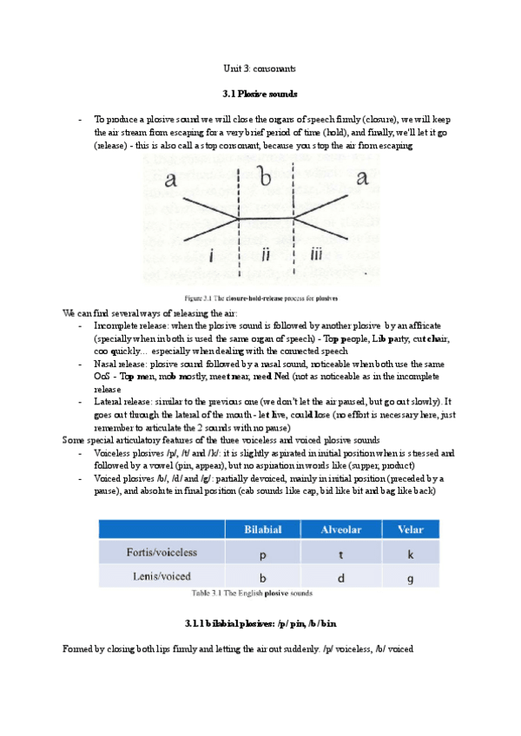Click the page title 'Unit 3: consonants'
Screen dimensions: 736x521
pos(260,68)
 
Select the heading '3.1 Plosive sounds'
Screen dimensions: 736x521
pos(260,93)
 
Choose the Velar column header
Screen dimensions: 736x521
pos(410,528)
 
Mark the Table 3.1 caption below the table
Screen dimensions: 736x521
pos(252,594)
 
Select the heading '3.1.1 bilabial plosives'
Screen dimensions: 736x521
pos(260,623)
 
